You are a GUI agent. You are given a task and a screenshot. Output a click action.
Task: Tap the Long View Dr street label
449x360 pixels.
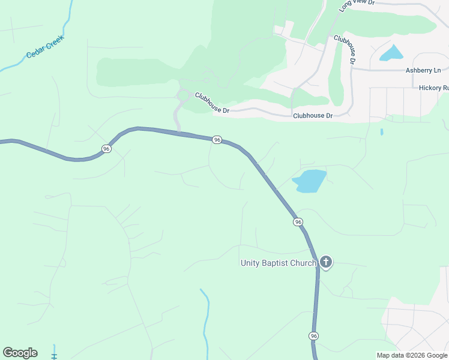(x=357, y=5)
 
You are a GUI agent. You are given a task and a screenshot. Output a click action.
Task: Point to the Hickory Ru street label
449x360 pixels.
(x=434, y=88)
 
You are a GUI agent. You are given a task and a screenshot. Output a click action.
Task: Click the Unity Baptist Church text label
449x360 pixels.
(x=278, y=263)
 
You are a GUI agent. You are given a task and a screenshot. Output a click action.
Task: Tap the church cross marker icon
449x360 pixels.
(x=325, y=262)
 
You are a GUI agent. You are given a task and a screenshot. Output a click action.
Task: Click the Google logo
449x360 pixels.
(x=20, y=353)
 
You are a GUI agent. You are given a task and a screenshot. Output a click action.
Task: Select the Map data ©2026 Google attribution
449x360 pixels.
(x=412, y=355)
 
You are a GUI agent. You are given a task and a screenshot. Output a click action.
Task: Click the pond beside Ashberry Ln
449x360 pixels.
(x=391, y=53)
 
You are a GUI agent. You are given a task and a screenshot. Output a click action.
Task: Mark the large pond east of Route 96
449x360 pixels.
(x=309, y=181)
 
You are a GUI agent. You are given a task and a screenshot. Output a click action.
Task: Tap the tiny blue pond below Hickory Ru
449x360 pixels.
(x=382, y=131)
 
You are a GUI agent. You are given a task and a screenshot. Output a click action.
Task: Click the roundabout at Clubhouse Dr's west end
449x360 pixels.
(x=184, y=95)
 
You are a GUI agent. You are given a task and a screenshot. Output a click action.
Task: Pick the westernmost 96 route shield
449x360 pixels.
(x=106, y=149)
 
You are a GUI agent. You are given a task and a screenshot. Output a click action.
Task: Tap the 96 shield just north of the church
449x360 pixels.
(x=298, y=222)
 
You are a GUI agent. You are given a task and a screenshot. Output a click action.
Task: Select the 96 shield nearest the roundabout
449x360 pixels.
(x=217, y=140)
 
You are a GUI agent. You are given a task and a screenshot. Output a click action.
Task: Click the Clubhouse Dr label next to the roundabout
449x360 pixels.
(x=211, y=103)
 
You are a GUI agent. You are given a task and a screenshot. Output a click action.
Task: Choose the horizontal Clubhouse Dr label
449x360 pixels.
(x=312, y=115)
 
